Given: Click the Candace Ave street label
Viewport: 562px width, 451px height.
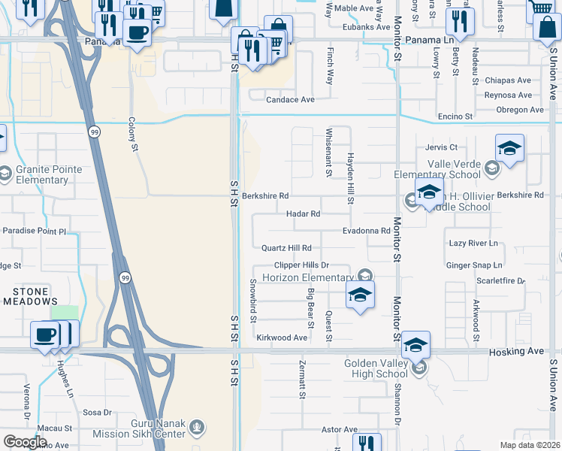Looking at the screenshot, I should (x=291, y=99).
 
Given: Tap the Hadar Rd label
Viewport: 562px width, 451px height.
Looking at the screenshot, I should (x=304, y=214).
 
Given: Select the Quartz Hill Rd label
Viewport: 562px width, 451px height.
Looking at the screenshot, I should (x=286, y=248).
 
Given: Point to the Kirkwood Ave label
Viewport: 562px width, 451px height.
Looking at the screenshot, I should (x=282, y=338).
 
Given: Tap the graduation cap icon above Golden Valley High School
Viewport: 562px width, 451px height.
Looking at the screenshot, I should (x=415, y=345).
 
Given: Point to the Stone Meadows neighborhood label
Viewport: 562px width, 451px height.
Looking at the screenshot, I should (x=31, y=296).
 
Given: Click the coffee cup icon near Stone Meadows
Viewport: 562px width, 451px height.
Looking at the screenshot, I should (x=46, y=334).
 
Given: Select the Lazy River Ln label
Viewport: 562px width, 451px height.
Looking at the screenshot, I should (x=473, y=244).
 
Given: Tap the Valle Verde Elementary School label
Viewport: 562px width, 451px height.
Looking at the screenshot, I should (x=454, y=170).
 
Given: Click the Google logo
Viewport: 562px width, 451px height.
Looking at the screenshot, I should (x=25, y=442).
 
